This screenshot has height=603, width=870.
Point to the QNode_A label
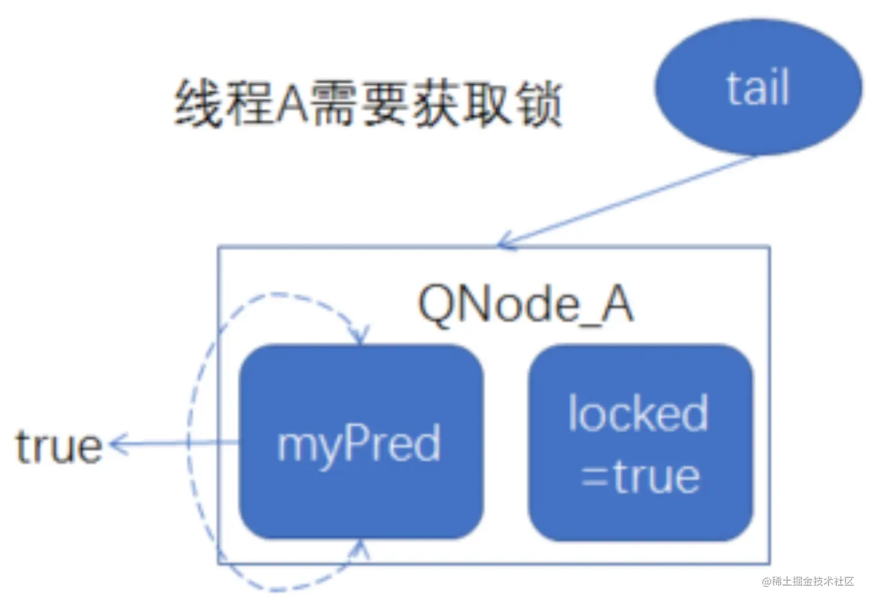(525, 305)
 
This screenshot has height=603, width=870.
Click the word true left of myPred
(59, 446)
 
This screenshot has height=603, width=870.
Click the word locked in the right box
(638, 413)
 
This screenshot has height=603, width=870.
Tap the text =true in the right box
(640, 477)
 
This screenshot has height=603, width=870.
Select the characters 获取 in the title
(463, 104)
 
